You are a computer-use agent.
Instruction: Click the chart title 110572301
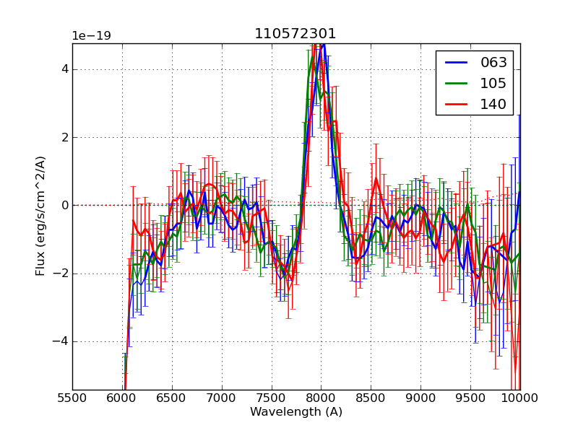click(x=296, y=34)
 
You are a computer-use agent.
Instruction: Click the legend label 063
click(x=493, y=63)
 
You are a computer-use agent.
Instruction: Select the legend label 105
click(x=493, y=84)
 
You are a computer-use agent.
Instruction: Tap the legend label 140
click(x=493, y=105)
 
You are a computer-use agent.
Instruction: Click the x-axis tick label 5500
click(x=72, y=398)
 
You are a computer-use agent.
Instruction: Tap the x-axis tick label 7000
click(x=222, y=398)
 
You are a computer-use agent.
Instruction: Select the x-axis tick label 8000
click(x=321, y=398)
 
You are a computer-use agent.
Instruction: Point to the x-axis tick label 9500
click(x=470, y=398)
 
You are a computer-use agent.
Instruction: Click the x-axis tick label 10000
click(x=519, y=398)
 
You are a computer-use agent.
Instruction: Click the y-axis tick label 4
click(x=64, y=69)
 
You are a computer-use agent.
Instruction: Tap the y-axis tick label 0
click(x=64, y=205)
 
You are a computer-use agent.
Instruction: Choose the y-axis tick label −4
click(x=61, y=341)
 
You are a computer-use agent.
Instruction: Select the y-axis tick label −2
click(x=61, y=274)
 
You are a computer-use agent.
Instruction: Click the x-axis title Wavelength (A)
click(x=296, y=412)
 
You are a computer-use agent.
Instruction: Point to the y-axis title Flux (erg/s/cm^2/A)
click(x=41, y=215)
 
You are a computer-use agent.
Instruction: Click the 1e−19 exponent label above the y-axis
click(x=92, y=36)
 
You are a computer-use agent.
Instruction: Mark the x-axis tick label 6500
click(x=172, y=398)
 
